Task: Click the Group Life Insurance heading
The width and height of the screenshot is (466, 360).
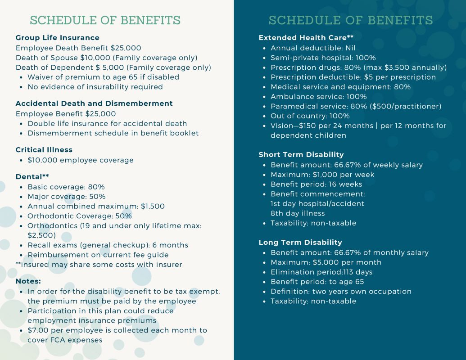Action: click(58, 38)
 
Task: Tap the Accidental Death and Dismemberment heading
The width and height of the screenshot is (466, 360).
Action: click(94, 103)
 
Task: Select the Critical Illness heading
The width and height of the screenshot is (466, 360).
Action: click(44, 150)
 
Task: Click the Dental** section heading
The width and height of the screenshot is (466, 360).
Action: click(32, 177)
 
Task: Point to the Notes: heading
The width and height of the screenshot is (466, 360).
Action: click(28, 281)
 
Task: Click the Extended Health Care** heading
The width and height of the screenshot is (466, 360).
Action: click(306, 38)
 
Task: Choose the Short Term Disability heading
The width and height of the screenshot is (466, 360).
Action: click(301, 155)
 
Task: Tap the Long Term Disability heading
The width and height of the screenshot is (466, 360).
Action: click(300, 243)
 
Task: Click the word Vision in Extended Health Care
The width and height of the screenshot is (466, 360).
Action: click(282, 126)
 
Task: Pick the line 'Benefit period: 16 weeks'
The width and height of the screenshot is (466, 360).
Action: click(316, 184)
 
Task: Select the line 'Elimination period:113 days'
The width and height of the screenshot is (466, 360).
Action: click(321, 272)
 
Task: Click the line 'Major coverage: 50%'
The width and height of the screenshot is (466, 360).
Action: click(67, 197)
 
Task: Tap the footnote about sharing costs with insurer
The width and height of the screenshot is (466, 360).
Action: click(99, 265)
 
